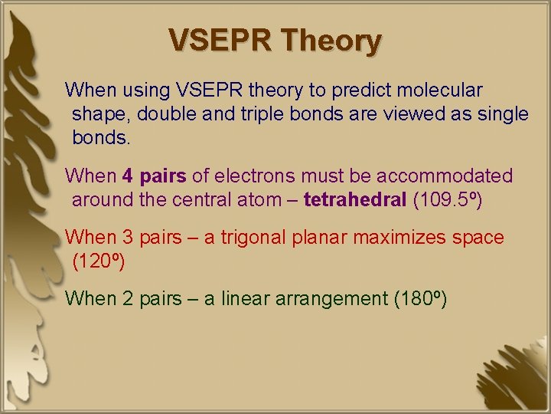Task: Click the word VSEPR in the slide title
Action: coord(220,40)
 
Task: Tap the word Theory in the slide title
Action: coord(331,41)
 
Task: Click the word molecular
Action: coord(443,90)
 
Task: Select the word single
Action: coord(497,115)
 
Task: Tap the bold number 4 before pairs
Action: coord(127,176)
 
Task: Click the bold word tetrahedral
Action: coord(355,201)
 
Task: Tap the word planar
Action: coord(319,238)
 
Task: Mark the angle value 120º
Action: coord(98,262)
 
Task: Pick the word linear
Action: coord(245,299)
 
